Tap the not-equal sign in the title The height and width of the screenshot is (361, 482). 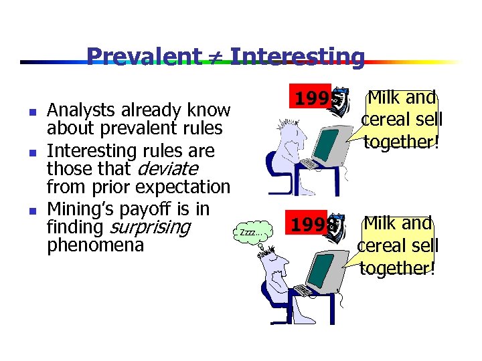pyautogui.click(x=217, y=57)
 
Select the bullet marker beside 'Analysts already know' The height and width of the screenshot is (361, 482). pyautogui.click(x=32, y=110)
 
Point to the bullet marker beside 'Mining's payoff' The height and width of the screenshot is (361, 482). pyautogui.click(x=32, y=211)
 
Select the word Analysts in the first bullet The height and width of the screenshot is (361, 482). pyautogui.click(x=74, y=110)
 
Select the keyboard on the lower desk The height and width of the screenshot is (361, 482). pyautogui.click(x=304, y=289)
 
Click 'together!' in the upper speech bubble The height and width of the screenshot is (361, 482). pyautogui.click(x=401, y=141)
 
